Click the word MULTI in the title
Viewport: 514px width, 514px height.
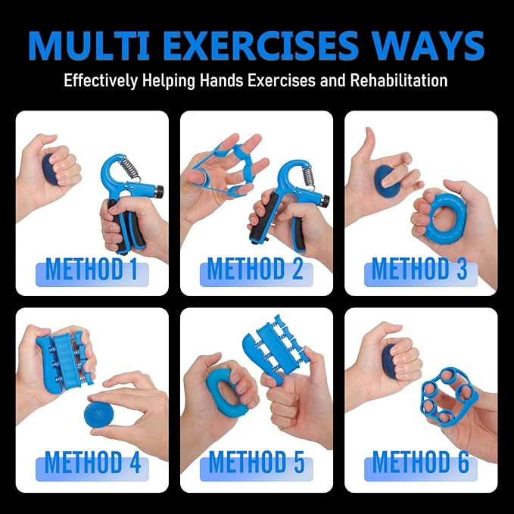click(89, 45)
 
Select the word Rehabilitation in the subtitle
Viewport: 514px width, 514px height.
click(399, 80)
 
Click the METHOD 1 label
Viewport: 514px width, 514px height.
click(92, 269)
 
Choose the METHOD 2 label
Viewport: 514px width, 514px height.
click(256, 269)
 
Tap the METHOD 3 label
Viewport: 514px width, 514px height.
click(419, 269)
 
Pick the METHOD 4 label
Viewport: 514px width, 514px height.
click(93, 463)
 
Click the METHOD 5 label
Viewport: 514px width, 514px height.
click(257, 463)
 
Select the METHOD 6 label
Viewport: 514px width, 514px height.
click(421, 463)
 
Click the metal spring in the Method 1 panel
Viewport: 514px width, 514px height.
click(129, 167)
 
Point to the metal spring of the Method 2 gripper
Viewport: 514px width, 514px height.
click(307, 179)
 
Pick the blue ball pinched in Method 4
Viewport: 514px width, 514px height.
click(98, 414)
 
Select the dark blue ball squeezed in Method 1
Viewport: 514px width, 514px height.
click(49, 168)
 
